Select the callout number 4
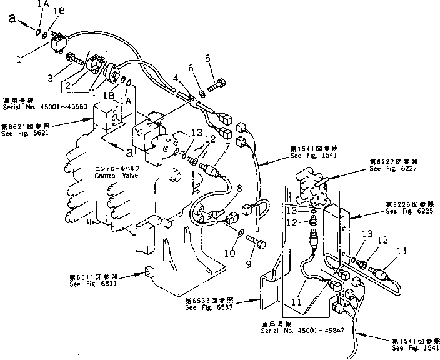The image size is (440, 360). [177, 79]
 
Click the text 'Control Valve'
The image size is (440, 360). [116, 176]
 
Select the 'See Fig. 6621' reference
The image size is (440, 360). [23, 131]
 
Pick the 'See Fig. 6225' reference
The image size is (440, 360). [408, 211]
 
